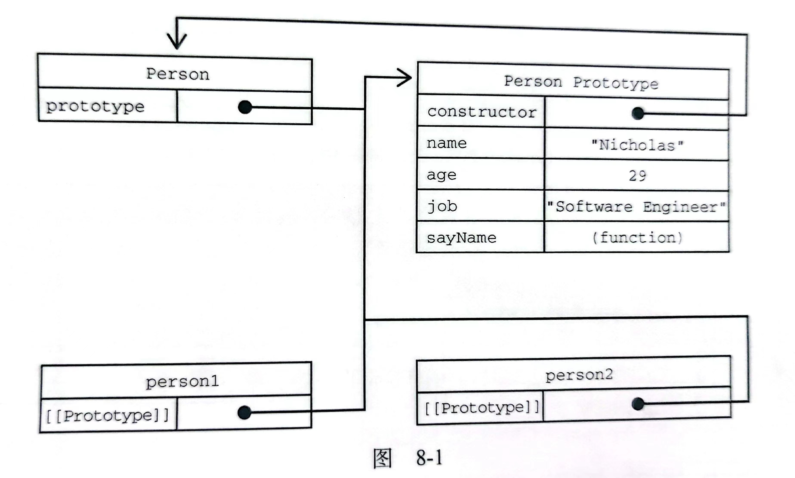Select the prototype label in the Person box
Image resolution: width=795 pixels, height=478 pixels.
[x=95, y=107]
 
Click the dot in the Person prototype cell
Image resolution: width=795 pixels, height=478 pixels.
[x=245, y=107]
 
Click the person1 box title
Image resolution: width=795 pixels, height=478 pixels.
[x=182, y=382]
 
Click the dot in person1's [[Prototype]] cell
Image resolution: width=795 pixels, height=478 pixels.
[x=244, y=412]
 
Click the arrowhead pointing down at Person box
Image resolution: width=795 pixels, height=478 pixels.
[x=177, y=41]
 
